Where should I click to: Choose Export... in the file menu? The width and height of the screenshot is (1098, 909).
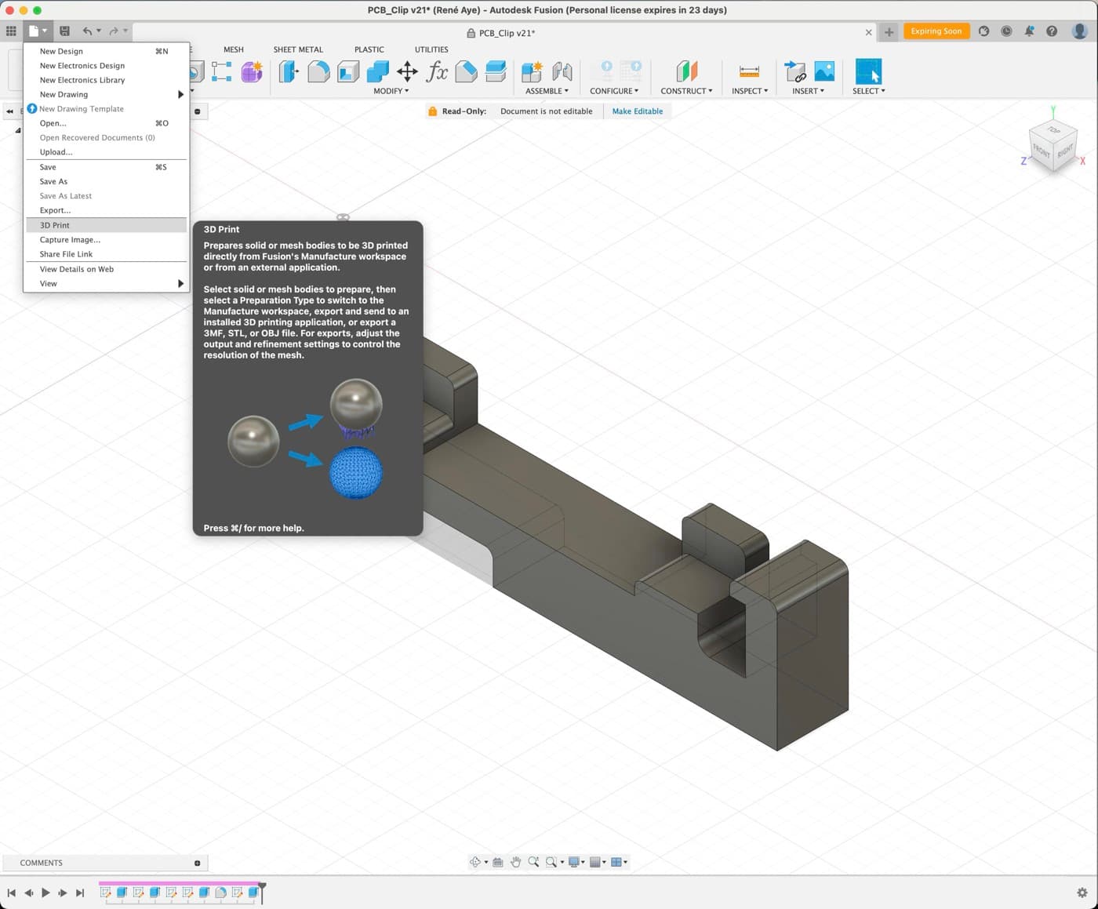click(x=55, y=210)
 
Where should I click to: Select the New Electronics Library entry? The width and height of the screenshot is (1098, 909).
click(x=82, y=80)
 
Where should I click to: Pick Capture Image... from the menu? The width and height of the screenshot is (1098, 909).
click(x=70, y=240)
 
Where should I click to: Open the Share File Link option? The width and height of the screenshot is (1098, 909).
click(x=66, y=254)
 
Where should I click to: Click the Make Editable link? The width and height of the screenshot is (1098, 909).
click(x=638, y=111)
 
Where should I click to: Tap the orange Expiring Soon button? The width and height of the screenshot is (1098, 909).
click(x=936, y=31)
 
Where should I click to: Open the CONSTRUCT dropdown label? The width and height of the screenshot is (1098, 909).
click(x=686, y=91)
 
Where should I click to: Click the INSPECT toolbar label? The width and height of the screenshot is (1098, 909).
click(x=749, y=91)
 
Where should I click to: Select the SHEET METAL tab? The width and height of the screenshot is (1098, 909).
click(x=298, y=49)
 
